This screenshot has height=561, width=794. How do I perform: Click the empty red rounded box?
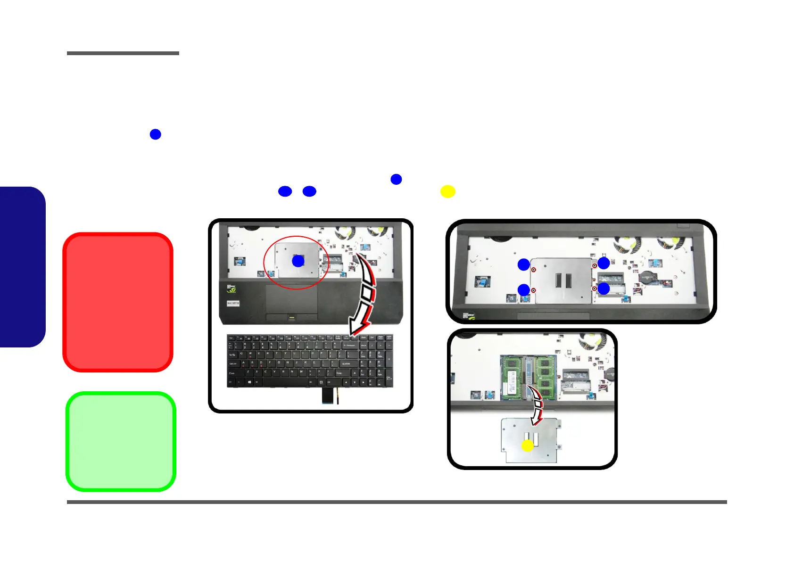(x=118, y=302)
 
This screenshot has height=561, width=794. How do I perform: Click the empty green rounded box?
(x=121, y=442)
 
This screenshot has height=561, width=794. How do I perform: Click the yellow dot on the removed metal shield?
(x=528, y=445)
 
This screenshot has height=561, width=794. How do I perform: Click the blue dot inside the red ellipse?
(x=298, y=261)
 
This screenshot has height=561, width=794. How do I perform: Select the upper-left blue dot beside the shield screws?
(x=523, y=264)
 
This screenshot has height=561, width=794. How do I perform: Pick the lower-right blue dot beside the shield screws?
(x=604, y=289)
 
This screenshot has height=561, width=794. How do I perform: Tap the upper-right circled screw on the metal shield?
(x=595, y=266)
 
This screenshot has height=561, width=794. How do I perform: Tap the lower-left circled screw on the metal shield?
(x=533, y=290)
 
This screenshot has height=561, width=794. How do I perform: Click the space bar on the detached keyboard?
(x=283, y=381)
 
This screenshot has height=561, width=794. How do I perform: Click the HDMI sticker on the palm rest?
(x=233, y=303)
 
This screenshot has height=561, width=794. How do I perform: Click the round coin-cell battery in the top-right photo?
(x=646, y=277)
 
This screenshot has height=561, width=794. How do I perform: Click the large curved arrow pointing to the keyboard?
(x=365, y=295)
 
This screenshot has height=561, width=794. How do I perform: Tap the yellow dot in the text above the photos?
(x=447, y=191)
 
